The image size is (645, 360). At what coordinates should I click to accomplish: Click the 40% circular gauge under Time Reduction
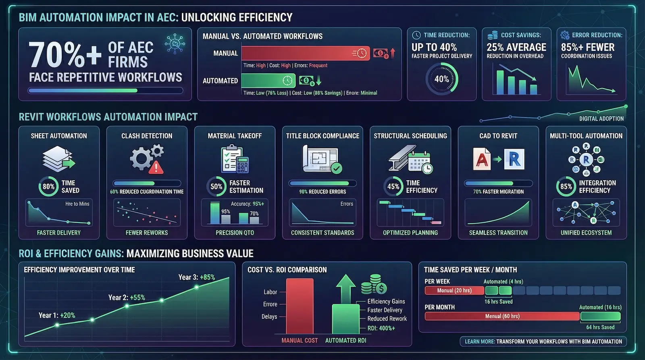click(x=442, y=79)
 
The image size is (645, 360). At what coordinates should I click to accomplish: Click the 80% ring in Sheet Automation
click(x=48, y=187)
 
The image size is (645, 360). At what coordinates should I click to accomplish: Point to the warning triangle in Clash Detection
click(x=156, y=167)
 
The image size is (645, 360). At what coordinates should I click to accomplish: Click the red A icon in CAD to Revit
click(x=482, y=159)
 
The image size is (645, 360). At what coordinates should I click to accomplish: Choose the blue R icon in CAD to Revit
click(x=514, y=159)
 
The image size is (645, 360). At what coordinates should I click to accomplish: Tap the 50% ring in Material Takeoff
click(x=216, y=187)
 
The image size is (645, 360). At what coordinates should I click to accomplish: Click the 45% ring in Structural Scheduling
click(x=393, y=187)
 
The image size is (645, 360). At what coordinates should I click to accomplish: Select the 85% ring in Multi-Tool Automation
click(x=566, y=187)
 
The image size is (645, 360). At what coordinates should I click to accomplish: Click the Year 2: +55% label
click(x=127, y=298)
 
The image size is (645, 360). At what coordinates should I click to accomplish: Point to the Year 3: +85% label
click(x=197, y=277)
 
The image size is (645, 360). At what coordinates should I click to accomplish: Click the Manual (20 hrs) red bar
click(x=454, y=290)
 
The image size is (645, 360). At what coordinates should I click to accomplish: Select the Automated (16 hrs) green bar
click(x=600, y=316)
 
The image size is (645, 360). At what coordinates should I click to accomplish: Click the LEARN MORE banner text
click(x=543, y=341)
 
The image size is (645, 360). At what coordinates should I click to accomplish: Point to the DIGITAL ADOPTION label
click(x=601, y=119)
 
